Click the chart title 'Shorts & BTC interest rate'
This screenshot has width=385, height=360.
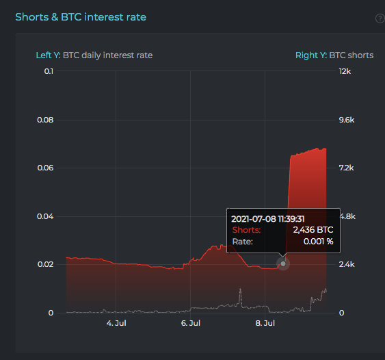pos(81,17)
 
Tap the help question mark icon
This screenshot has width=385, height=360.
pos(380,18)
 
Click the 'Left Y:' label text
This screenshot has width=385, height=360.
pos(48,55)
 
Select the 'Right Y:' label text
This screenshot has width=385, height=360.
pos(311,55)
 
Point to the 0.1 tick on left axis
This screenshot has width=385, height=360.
pos(49,71)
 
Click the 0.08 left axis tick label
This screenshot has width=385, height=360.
pos(45,120)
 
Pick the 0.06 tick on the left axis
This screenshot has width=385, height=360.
pos(45,168)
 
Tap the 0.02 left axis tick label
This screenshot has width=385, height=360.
pos(45,264)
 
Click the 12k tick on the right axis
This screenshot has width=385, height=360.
pos(345,71)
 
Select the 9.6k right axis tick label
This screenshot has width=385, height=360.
pos(347,120)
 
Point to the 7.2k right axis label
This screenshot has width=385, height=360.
pos(346,168)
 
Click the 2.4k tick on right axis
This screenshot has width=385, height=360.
pos(347,264)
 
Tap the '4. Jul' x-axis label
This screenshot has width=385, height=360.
pos(116,323)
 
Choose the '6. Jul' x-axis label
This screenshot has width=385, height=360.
pos(191,323)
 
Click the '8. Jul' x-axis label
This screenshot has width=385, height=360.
pos(265,323)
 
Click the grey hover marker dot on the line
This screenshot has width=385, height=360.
pos(283,263)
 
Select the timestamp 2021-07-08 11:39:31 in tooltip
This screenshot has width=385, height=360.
pos(268,219)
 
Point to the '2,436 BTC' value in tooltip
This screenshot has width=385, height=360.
pos(313,230)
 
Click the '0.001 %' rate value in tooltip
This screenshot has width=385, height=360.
pos(318,242)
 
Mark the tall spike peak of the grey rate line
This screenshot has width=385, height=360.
pos(240,289)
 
